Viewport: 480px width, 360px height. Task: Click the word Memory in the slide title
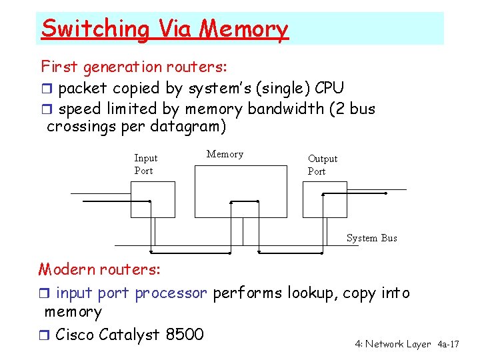pyautogui.click(x=245, y=29)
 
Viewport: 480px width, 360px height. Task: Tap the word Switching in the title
pyautogui.click(x=95, y=29)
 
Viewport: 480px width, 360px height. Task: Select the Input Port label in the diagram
pyautogui.click(x=145, y=164)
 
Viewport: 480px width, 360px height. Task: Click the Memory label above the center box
pyautogui.click(x=225, y=154)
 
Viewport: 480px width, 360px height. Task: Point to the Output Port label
pyautogui.click(x=322, y=165)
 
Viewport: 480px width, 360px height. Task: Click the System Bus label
pyautogui.click(x=371, y=238)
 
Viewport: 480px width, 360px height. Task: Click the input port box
pyautogui.click(x=153, y=199)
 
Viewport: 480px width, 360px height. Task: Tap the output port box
pyautogui.click(x=325, y=199)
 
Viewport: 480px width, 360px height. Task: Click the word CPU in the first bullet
pyautogui.click(x=329, y=88)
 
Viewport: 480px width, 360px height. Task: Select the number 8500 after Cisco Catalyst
pyautogui.click(x=181, y=334)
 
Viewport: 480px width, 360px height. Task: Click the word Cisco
pyautogui.click(x=75, y=334)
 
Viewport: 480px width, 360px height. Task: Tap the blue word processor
pyautogui.click(x=171, y=293)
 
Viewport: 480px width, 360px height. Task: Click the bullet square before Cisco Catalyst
pyautogui.click(x=45, y=335)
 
